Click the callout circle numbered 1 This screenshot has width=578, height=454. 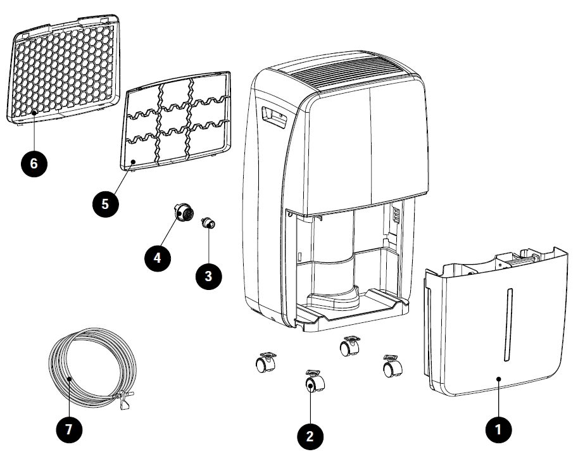pos(498,429)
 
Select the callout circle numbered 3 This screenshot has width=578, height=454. pos(208,275)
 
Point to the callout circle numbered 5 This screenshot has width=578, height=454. pos(104,203)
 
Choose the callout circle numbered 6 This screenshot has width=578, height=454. pos(33,163)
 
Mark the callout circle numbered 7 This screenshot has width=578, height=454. pos(69,429)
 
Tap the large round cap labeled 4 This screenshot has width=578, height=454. pos(184,214)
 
